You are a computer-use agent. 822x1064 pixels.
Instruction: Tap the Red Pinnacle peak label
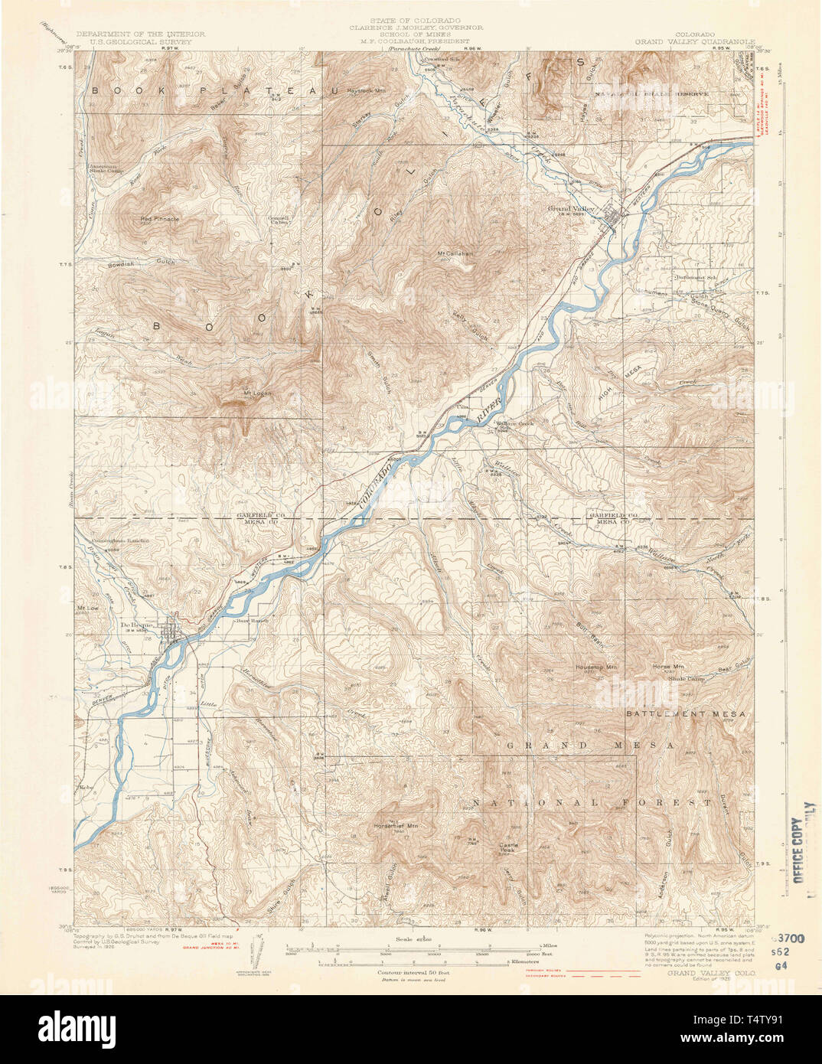(x=160, y=219)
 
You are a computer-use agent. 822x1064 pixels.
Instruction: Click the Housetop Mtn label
(x=596, y=667)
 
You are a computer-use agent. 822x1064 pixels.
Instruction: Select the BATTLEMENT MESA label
(x=685, y=713)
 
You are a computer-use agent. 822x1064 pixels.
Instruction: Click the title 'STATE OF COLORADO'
(x=416, y=19)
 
